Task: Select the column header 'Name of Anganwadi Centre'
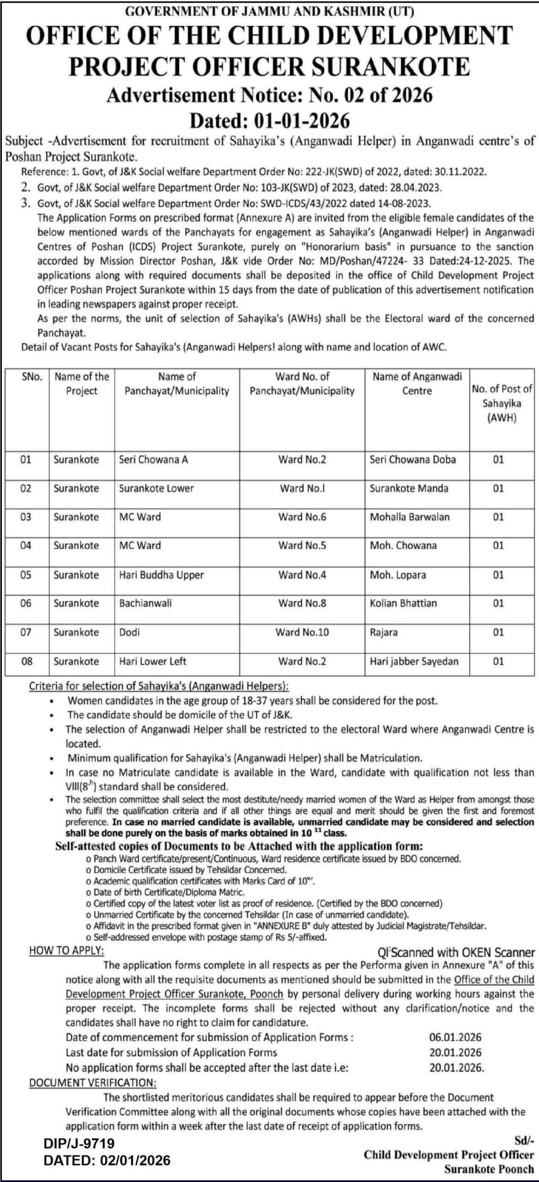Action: click(x=417, y=383)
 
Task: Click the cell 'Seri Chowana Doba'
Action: click(x=413, y=459)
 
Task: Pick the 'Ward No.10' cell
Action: click(x=302, y=632)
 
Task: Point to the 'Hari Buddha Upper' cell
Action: click(x=161, y=575)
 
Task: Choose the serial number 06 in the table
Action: click(x=26, y=603)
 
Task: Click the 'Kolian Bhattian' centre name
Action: click(x=403, y=603)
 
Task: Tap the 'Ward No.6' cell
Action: click(x=302, y=517)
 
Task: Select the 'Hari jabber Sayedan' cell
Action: click(x=414, y=661)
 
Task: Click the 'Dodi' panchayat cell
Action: click(x=129, y=632)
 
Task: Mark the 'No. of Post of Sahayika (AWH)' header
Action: click(x=502, y=403)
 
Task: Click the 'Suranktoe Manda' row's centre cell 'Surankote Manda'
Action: click(x=409, y=488)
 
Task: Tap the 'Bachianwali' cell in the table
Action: click(x=145, y=603)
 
